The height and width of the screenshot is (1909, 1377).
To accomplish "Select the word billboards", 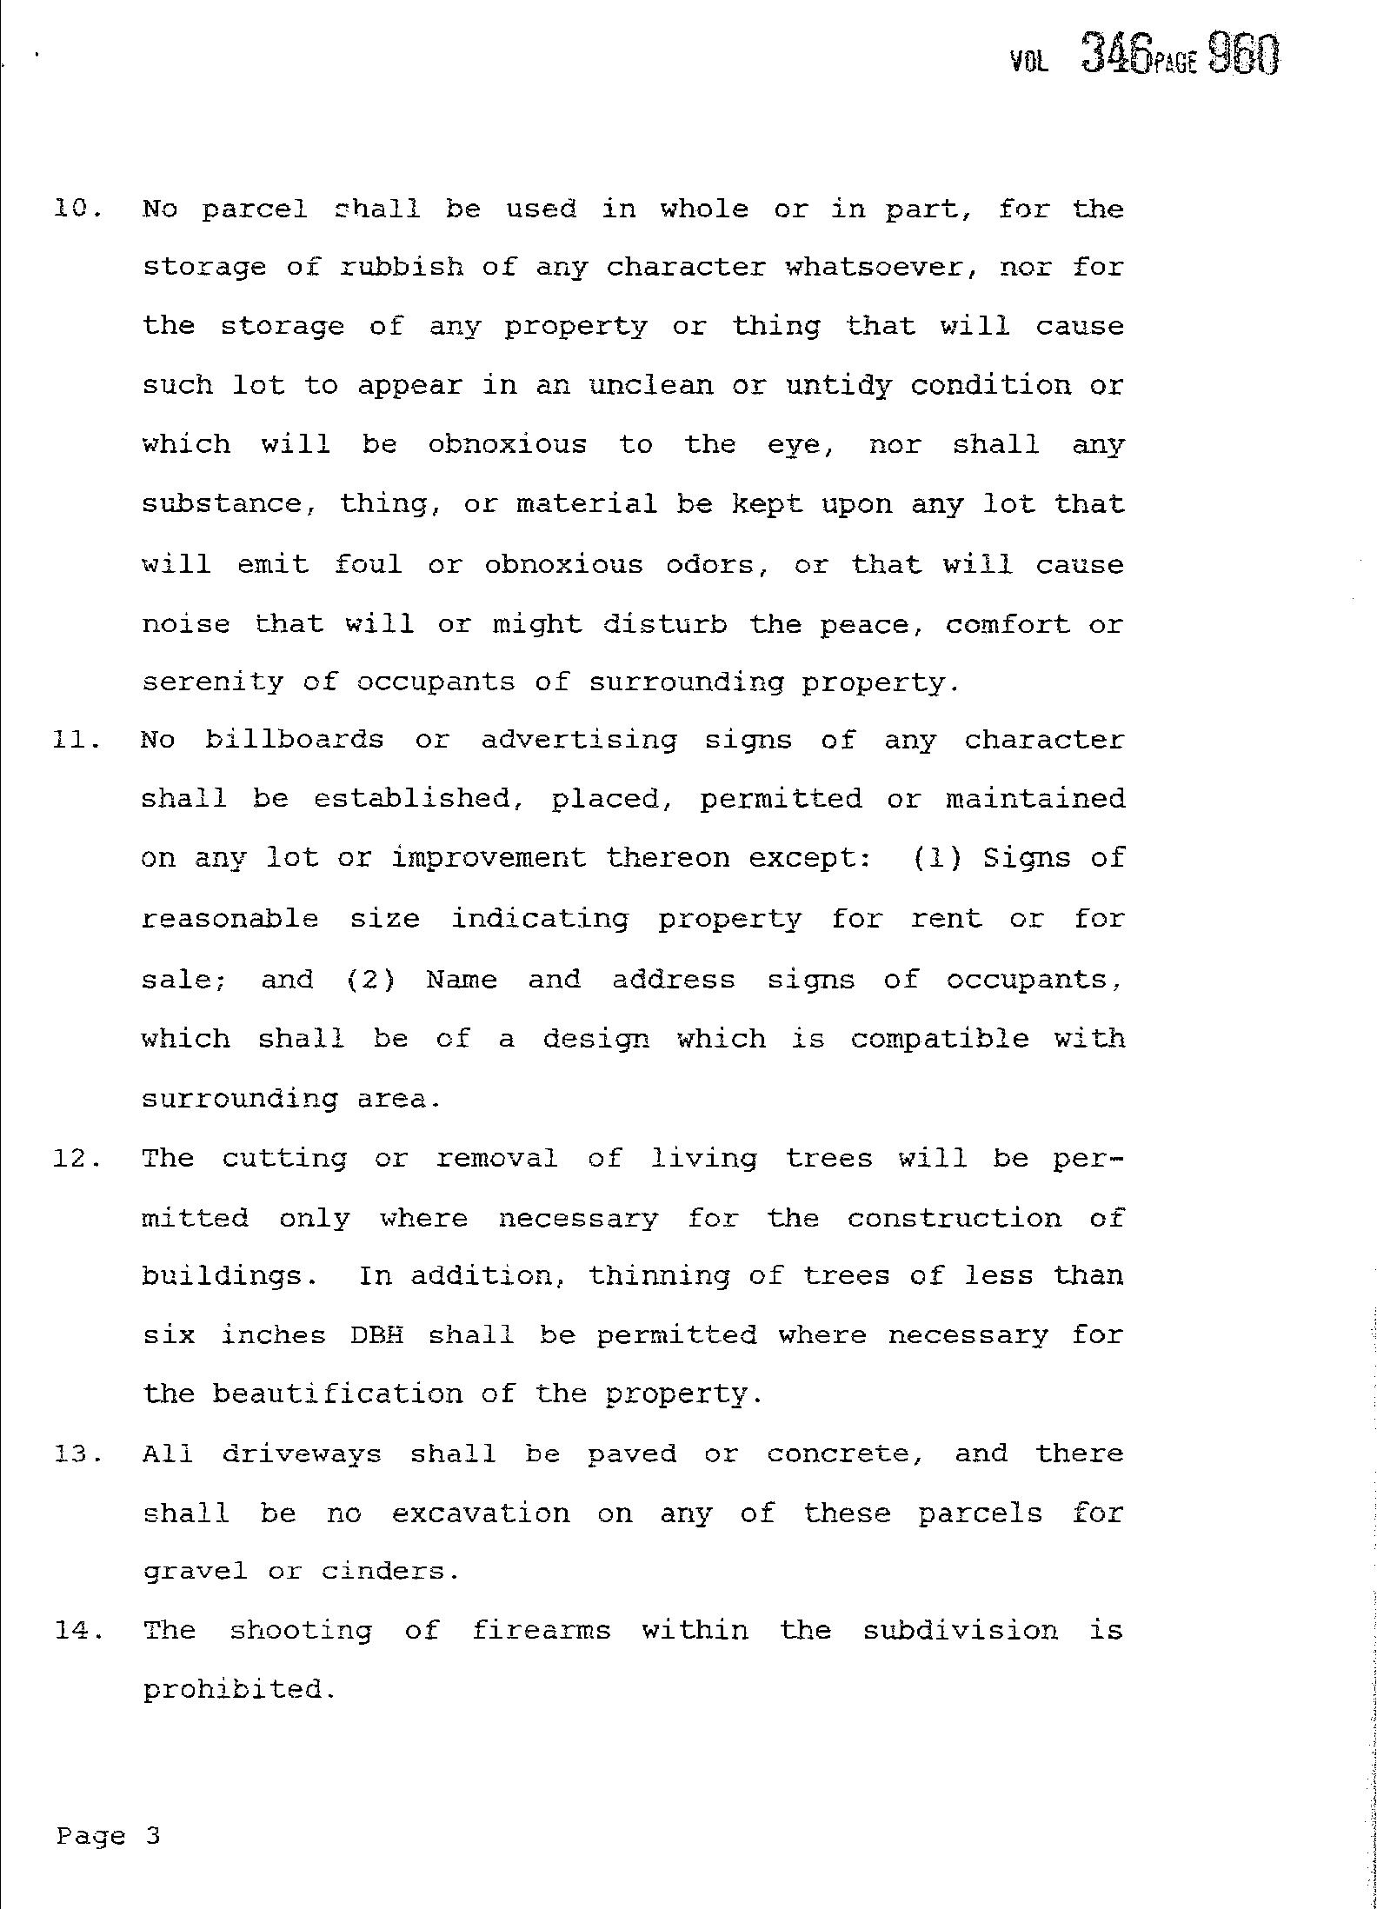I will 295,741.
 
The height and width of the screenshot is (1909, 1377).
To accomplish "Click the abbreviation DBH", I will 377,1335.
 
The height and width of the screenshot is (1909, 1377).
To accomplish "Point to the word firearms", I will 541,1630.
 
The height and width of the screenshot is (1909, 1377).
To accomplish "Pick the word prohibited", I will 237,1691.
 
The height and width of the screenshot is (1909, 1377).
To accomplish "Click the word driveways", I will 301,1454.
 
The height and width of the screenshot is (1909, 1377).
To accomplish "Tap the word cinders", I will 389,1572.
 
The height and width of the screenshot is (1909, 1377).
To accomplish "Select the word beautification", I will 337,1394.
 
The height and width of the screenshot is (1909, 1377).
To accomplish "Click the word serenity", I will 213,682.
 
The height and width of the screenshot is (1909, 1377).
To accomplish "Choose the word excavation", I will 481,1513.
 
